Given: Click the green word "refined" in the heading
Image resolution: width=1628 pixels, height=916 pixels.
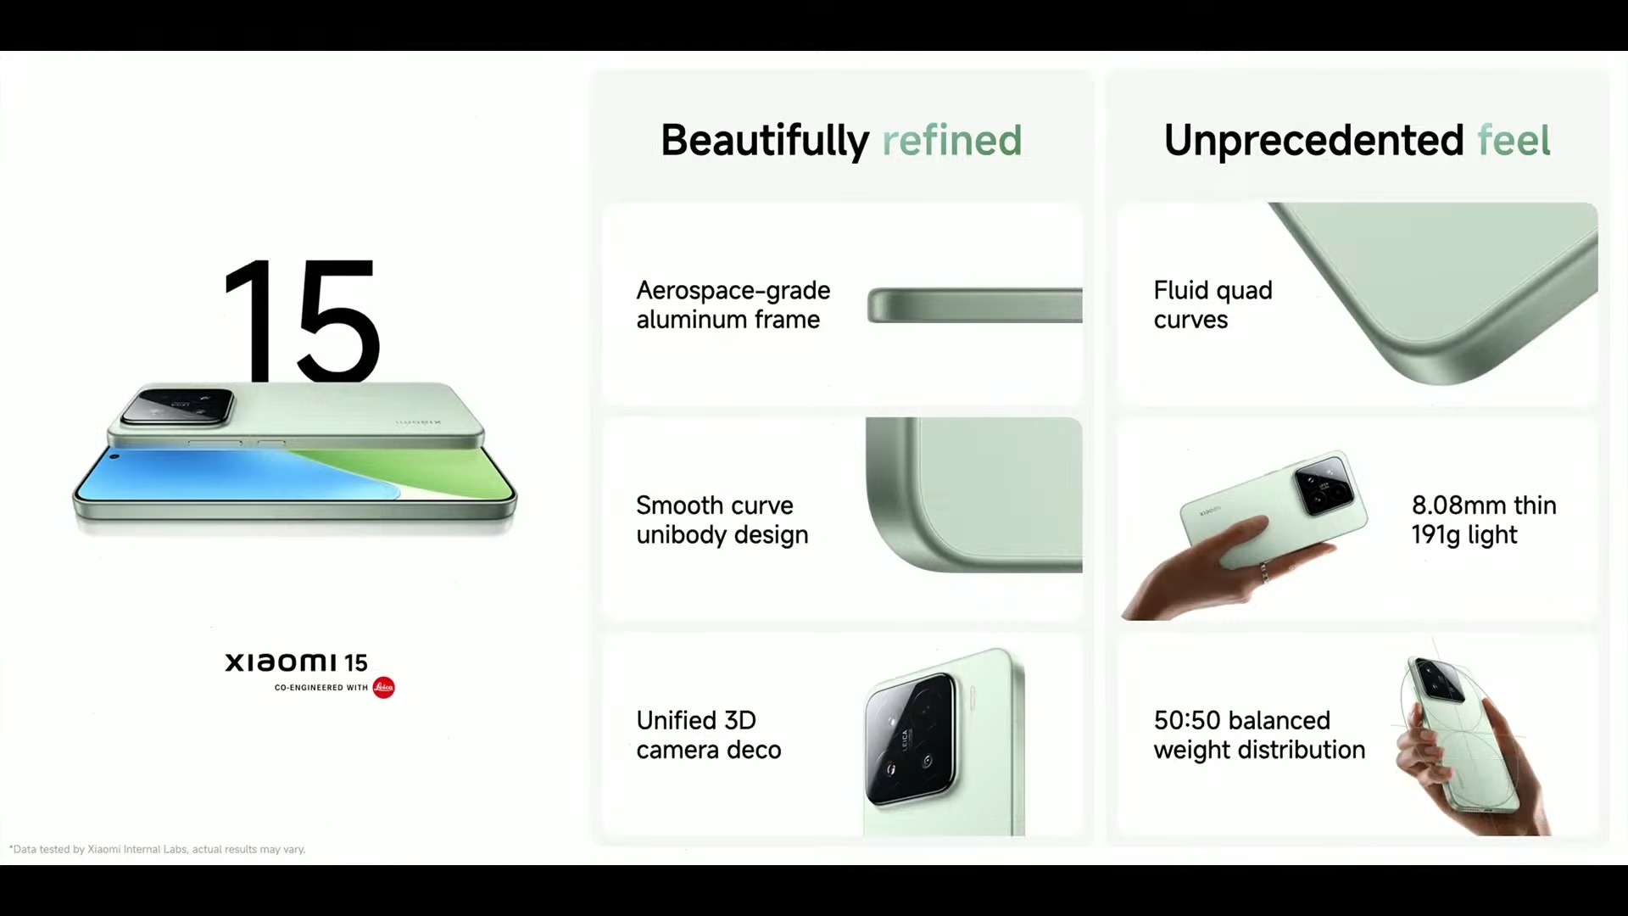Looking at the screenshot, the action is (952, 140).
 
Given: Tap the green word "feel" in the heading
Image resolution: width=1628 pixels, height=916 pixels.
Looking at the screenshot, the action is (1514, 140).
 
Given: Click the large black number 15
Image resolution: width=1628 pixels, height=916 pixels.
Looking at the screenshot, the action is (301, 321).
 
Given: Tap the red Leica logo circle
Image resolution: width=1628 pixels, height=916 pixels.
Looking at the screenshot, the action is (383, 687).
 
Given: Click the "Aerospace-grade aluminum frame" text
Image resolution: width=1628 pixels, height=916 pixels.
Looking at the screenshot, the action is (733, 304).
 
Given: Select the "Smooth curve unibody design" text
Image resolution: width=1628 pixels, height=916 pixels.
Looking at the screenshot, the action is (722, 520).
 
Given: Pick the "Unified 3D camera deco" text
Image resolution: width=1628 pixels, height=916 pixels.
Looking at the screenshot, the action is (709, 734).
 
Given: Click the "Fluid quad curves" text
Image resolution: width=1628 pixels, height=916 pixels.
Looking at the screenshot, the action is (1213, 304).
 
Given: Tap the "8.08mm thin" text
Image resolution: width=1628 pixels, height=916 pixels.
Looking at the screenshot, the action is (1484, 505).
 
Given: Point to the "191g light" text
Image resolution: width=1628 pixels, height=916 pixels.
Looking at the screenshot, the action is (1464, 535).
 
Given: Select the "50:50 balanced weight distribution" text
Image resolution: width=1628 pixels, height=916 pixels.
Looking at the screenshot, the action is (1259, 734).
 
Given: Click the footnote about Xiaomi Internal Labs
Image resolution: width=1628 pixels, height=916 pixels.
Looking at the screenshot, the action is (157, 849).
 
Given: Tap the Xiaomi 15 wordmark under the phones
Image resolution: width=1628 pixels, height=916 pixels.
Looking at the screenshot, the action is (296, 662).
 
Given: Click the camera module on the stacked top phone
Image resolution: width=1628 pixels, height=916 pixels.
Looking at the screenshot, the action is (177, 406).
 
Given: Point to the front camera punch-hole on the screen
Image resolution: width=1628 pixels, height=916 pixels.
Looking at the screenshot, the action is (114, 457).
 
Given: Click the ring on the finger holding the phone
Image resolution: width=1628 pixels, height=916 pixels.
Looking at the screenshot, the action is (1263, 572).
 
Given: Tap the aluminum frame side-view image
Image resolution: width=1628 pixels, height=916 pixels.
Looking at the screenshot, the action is (974, 305).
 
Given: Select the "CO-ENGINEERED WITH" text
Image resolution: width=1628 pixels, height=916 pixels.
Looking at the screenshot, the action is (321, 688).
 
